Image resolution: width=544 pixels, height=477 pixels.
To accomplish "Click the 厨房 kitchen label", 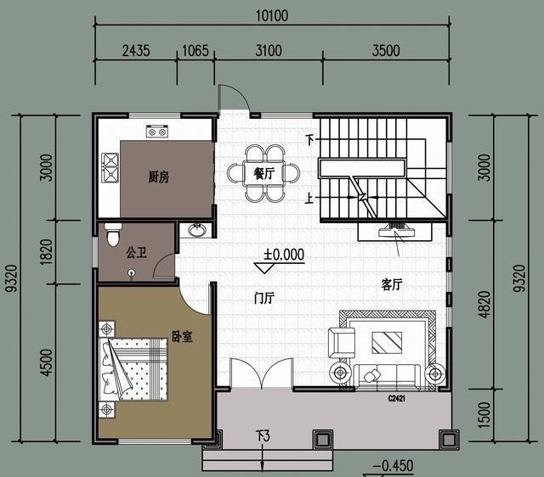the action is pyautogui.click(x=159, y=177).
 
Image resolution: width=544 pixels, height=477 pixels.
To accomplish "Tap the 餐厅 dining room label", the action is pyautogui.click(x=263, y=173).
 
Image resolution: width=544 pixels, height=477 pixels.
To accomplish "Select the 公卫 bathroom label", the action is pyautogui.click(x=136, y=252).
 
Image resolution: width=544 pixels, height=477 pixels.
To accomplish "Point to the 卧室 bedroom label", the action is pyautogui.click(x=182, y=336).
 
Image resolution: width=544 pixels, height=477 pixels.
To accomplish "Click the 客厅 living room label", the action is pyautogui.click(x=392, y=284).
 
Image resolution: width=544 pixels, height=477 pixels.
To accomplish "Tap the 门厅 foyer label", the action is pyautogui.click(x=264, y=298).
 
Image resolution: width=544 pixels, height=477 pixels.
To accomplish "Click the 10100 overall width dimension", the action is pyautogui.click(x=272, y=16).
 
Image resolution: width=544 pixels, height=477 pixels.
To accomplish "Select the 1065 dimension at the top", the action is pyautogui.click(x=195, y=51).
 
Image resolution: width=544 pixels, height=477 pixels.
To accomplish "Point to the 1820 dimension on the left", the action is pyautogui.click(x=46, y=252).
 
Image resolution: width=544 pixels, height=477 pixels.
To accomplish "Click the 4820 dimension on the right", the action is pyautogui.click(x=484, y=304).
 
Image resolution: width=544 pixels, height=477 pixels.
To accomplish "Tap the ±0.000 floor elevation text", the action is pyautogui.click(x=284, y=255).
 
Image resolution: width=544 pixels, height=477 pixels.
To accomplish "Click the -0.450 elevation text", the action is pyautogui.click(x=393, y=466).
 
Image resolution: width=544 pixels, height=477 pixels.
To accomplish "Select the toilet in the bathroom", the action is pyautogui.click(x=113, y=234).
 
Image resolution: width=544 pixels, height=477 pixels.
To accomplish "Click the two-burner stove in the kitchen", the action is pyautogui.click(x=156, y=132).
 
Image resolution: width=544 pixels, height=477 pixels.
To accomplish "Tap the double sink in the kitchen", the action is pyautogui.click(x=110, y=168).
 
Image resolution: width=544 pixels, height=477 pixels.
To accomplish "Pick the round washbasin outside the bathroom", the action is pyautogui.click(x=197, y=230).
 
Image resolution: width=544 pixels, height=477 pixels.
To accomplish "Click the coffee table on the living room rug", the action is pyautogui.click(x=387, y=343).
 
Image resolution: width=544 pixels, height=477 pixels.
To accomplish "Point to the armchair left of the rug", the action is pyautogui.click(x=342, y=343).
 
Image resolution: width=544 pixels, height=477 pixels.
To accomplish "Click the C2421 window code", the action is pyautogui.click(x=397, y=399).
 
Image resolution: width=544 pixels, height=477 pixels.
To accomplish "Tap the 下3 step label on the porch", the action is pyautogui.click(x=263, y=436).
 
